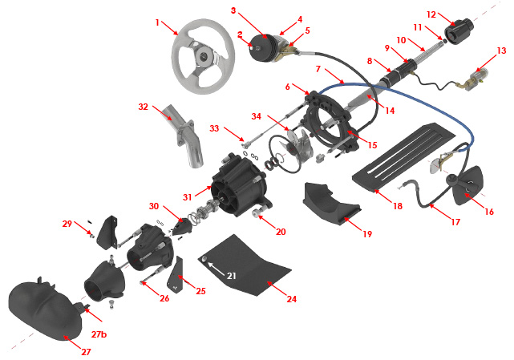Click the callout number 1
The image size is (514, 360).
coord(158,22)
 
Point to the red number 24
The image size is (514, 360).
coord(292,299)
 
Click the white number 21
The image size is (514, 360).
coord(232,275)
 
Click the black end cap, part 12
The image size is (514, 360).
coord(461,33)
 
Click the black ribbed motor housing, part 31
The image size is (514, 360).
coord(232,182)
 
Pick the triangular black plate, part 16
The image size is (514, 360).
coord(466,181)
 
